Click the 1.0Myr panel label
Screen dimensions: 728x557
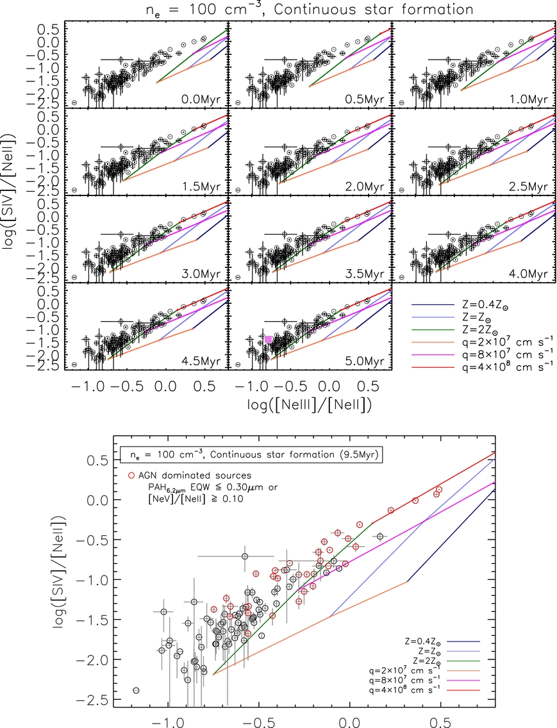click(528, 99)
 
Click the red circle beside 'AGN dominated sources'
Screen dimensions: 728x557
click(131, 476)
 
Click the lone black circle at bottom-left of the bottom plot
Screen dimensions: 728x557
click(136, 690)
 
